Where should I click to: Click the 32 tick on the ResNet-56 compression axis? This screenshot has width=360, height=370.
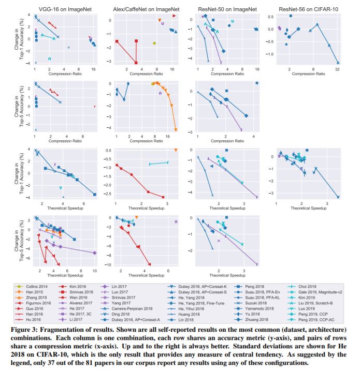338,68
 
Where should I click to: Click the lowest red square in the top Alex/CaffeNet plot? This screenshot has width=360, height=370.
136,63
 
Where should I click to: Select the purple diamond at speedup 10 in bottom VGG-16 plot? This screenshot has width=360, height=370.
95,253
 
